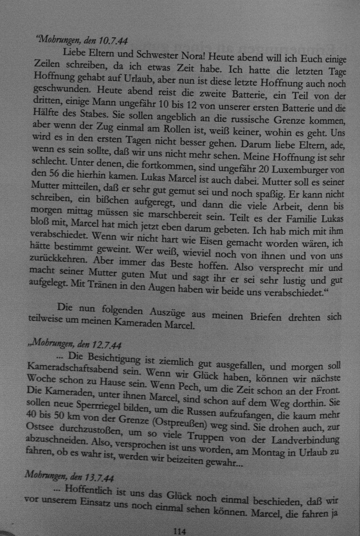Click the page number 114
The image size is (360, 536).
tap(179, 531)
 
